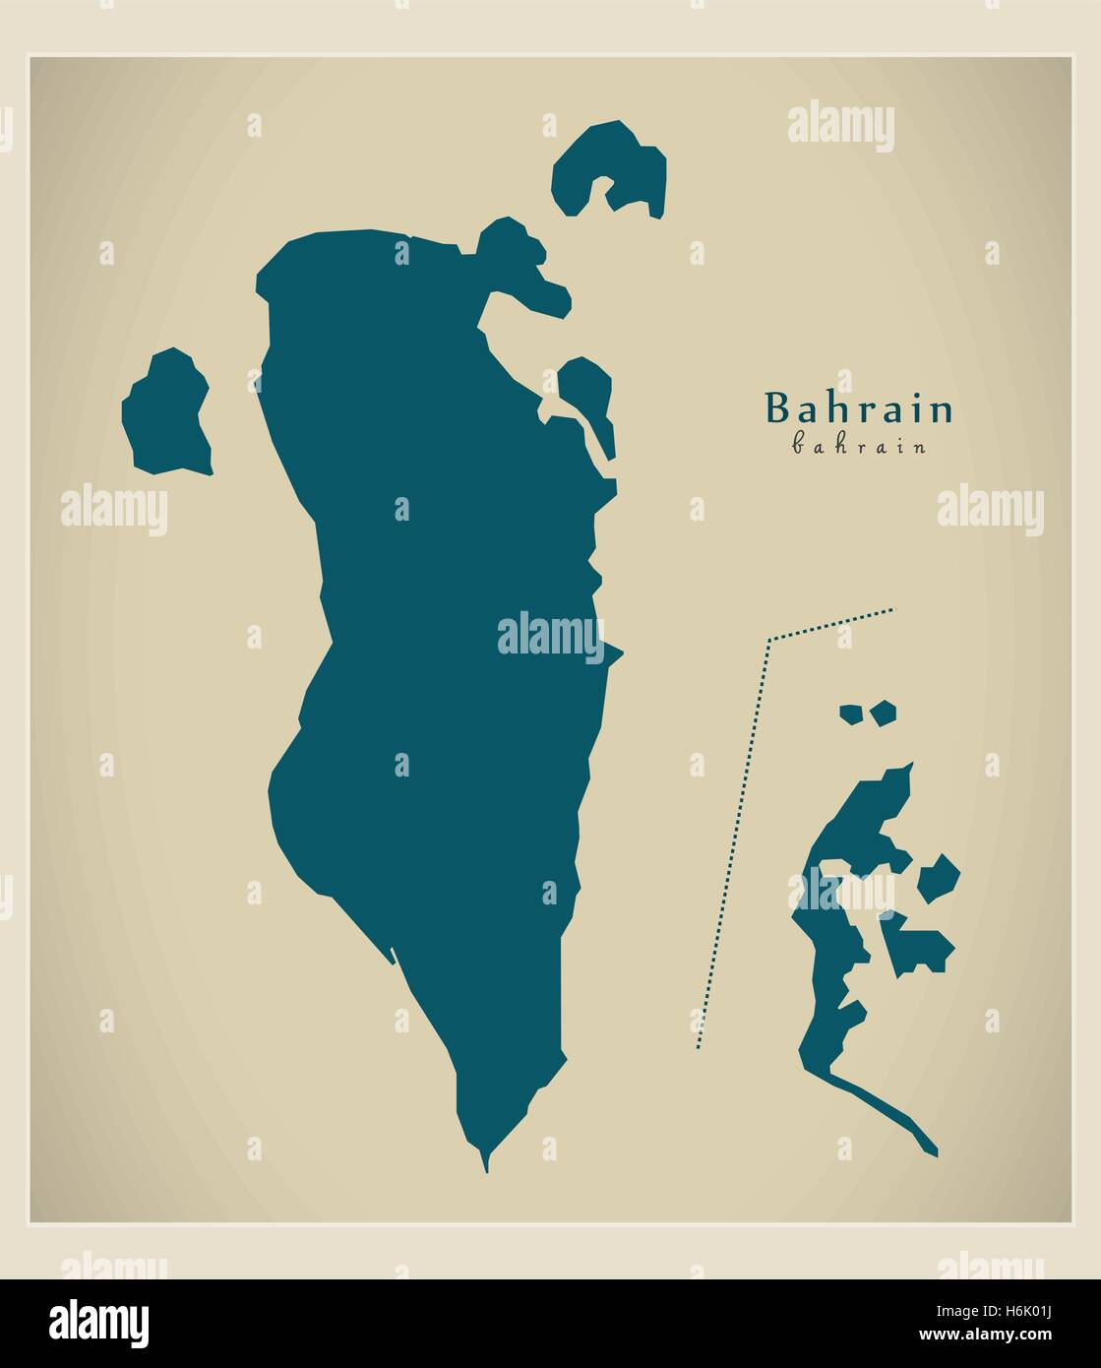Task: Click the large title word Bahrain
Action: [x=859, y=408]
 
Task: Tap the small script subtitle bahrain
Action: [x=859, y=446]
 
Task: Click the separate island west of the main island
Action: [x=166, y=413]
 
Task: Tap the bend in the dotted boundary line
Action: [x=768, y=641]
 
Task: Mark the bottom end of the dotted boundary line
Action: [x=697, y=1047]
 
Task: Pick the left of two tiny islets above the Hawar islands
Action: [x=850, y=714]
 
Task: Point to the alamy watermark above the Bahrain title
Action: [x=841, y=128]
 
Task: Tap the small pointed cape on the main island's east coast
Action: [x=613, y=652]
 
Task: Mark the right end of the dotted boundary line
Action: [x=893, y=610]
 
